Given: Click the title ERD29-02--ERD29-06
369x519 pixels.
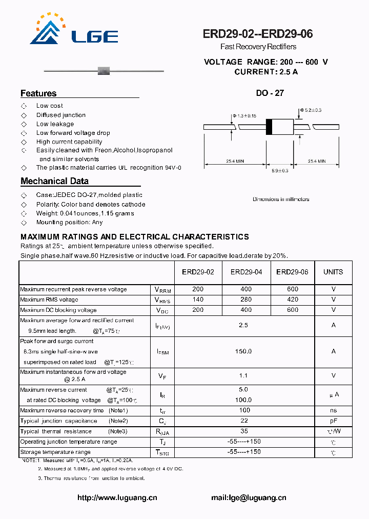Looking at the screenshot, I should pos(258,34).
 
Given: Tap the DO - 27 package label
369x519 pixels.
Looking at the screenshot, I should pos(270,93).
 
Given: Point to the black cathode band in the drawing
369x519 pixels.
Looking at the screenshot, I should pos(269,127).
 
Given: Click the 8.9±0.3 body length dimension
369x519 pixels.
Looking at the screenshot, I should pos(280,170).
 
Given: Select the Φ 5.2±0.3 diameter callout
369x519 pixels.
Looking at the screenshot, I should pos(310,110).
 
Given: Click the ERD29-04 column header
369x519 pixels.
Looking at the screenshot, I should pos(246,272).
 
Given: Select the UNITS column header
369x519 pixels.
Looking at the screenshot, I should pos(333,272).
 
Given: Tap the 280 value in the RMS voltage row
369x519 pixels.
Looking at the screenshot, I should pos(246,300).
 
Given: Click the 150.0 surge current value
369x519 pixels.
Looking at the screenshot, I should pos(243,351).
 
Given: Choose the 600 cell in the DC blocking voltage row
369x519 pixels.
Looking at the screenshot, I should pos(293,310).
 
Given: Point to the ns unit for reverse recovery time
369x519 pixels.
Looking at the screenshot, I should pos(333,410).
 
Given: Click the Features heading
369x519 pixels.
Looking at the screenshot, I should pos(38,93).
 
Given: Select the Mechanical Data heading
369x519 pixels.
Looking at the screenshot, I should pos(54,181).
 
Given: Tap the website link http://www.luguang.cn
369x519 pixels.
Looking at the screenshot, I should pos(117,497).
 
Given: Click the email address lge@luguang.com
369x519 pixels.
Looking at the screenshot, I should pos(249,497).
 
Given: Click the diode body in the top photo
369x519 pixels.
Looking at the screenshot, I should pos(104,70).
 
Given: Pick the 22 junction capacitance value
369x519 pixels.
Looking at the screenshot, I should pos(244,421).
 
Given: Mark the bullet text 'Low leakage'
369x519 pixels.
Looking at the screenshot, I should pos(55,124).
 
